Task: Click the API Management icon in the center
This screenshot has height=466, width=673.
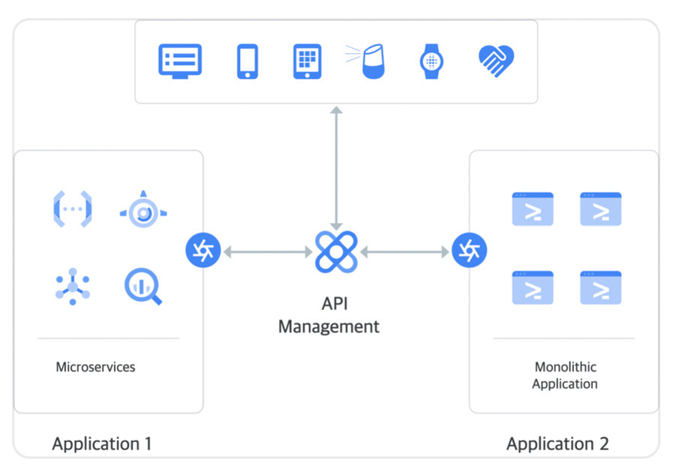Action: tap(336, 251)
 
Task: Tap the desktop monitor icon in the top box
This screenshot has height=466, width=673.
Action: tap(180, 60)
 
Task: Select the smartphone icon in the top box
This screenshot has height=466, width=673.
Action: tap(248, 61)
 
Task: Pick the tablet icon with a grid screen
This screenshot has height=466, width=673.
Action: tap(307, 61)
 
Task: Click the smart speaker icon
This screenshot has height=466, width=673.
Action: tap(371, 61)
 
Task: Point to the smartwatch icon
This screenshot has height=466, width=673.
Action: tap(431, 61)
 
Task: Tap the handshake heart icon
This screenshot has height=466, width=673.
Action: tap(496, 62)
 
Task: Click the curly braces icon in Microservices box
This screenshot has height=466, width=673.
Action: tap(73, 209)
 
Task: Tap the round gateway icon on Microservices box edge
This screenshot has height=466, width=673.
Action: tap(203, 251)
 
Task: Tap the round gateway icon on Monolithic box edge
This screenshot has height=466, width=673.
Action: tap(470, 251)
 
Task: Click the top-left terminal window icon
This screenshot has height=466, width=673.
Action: tap(533, 209)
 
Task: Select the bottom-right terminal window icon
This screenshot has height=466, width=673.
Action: tap(600, 287)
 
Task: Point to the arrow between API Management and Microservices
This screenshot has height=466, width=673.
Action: tap(267, 252)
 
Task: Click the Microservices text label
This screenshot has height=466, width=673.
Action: tap(95, 368)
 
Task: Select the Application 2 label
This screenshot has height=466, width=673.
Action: tap(557, 443)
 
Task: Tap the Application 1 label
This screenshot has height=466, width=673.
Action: tap(102, 443)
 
